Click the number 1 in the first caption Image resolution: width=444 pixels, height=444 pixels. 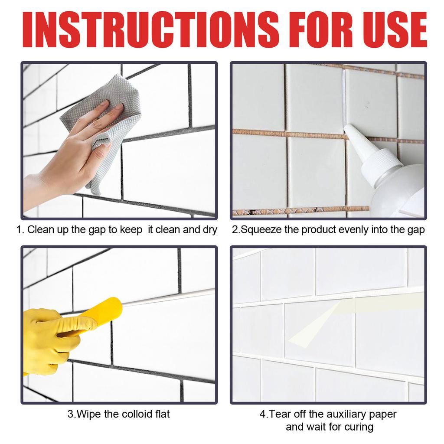click(x=19, y=229)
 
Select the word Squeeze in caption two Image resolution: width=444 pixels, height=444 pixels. click(x=261, y=229)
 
